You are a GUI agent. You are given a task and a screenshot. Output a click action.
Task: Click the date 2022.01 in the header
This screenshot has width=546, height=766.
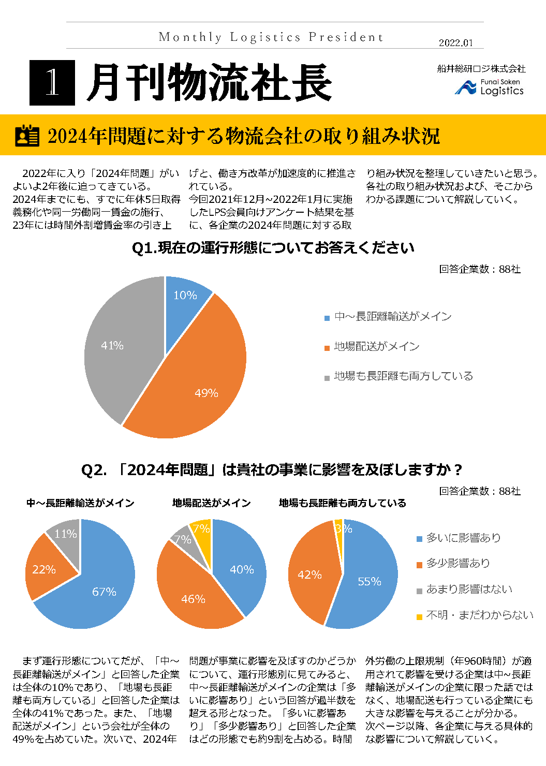455,43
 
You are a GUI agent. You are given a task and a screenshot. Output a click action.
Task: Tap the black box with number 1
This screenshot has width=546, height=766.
52,82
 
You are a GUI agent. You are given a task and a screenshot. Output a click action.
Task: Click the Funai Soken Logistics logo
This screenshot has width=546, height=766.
489,87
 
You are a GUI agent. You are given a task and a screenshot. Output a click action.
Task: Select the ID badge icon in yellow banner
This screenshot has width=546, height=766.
27,136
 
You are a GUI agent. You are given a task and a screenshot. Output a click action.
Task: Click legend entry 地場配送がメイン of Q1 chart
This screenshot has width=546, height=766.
376,347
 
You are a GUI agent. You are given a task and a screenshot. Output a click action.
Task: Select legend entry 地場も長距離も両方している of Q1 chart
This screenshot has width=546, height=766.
403,376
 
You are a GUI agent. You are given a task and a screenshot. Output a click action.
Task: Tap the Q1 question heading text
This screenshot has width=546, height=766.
273,248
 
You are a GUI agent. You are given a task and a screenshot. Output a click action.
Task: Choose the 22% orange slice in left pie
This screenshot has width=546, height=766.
46,569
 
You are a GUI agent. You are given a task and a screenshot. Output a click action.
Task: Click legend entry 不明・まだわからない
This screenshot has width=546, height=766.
479,615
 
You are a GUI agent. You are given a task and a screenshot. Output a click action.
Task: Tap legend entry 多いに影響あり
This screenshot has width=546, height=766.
463,538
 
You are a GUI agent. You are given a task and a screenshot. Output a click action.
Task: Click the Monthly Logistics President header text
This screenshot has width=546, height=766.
271,37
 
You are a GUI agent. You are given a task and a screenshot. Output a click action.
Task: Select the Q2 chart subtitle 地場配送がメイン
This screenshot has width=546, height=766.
211,503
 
